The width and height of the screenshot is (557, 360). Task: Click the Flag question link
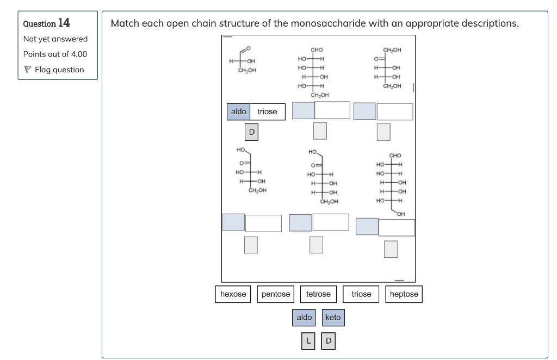[x=59, y=70]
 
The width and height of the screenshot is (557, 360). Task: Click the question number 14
[x=64, y=23]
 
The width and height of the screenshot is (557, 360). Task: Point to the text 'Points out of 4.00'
[x=55, y=54]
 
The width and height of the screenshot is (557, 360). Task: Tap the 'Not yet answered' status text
[x=55, y=39]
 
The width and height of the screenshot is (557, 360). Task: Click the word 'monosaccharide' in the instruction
[x=328, y=23]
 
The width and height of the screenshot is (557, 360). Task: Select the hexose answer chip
[x=233, y=294]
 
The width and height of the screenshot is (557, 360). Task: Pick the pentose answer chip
[x=276, y=294]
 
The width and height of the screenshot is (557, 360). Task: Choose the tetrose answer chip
[x=318, y=294]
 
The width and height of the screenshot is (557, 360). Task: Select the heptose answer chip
[x=404, y=294]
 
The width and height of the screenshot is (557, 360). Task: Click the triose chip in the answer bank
[x=361, y=294]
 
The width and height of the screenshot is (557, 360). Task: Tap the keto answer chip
[x=333, y=318]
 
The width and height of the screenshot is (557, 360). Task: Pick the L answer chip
[x=308, y=342]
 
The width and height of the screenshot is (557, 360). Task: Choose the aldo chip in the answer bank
[x=304, y=318]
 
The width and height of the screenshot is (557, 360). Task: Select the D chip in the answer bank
[x=328, y=342]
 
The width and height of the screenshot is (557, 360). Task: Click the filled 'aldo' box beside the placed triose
[x=238, y=111]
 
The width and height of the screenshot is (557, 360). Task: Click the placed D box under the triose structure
[x=251, y=132]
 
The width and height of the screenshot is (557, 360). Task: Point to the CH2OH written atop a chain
[x=392, y=50]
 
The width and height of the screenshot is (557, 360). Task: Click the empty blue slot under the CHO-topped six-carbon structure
[x=303, y=110]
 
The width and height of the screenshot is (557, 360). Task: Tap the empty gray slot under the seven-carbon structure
[x=391, y=249]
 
